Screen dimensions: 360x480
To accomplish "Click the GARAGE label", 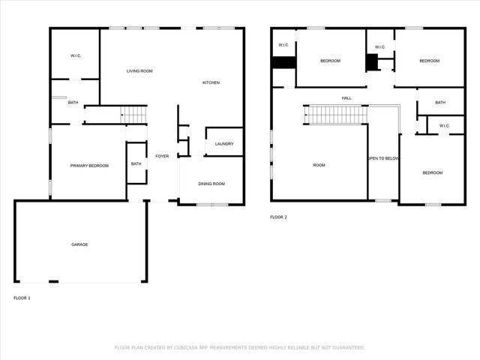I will pos(79,244).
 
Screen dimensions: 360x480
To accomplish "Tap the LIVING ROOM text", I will pos(139,70).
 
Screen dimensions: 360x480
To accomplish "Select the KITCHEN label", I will pos(211,82).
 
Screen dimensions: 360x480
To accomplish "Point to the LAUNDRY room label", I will pos(223,144).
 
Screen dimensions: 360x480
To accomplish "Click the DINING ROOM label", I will pos(211,184).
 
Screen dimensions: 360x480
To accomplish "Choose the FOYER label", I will pos(162,156).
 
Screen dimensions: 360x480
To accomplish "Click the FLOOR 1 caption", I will pos(22,298).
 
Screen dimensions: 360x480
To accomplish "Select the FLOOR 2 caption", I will pos(278,217).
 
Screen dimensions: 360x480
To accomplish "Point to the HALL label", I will pos(346,97).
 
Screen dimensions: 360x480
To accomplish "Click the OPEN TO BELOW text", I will pos(382,159).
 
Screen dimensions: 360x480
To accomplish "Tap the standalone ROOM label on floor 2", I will pos(319,165).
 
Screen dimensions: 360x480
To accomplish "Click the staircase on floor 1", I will pos(133,115).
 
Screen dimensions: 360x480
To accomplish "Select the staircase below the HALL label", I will pos(336,115).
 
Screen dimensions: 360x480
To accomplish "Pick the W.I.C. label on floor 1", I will pos(76,55).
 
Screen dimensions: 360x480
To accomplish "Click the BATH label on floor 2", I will pos(439,103).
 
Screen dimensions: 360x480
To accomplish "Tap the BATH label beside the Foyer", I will pos(136,163).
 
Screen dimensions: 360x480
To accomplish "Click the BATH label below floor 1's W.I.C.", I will pos(73,102).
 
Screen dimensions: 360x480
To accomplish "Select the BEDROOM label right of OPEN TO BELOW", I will pos(432,173).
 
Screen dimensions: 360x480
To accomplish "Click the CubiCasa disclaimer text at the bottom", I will pos(239,347).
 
